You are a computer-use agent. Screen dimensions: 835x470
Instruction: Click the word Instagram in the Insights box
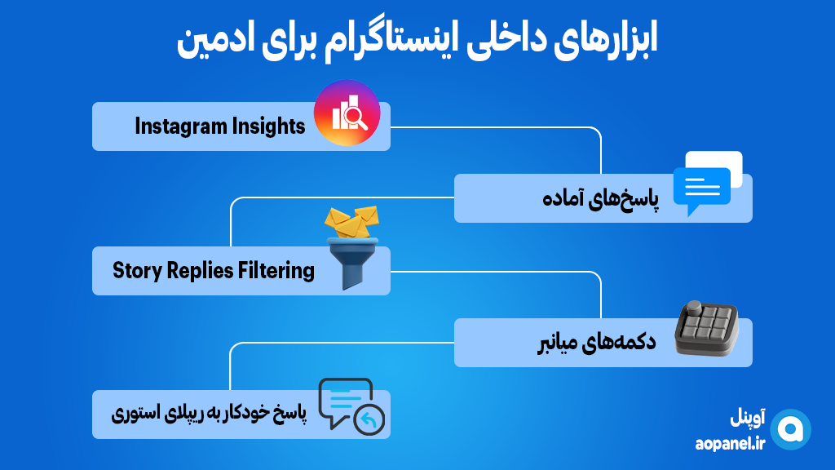pos(181,126)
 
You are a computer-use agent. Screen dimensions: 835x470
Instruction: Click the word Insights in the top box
pos(268,126)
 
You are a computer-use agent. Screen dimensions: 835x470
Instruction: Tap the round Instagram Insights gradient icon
pos(347,113)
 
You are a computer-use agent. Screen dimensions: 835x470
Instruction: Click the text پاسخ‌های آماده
pos(601,198)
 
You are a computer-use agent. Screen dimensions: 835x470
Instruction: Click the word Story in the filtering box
pos(137,271)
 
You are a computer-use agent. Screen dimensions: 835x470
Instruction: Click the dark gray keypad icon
pos(707,328)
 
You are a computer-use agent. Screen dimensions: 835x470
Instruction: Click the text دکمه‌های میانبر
pos(596,342)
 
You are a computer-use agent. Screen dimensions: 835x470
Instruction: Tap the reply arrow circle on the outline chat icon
pos(369,420)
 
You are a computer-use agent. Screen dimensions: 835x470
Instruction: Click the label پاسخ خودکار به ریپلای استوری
pos(209,414)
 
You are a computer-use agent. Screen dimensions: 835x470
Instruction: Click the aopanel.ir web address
pos(730,443)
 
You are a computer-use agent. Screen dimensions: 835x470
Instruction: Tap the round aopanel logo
pos(791,429)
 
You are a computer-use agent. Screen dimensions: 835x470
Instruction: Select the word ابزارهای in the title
pos(606,39)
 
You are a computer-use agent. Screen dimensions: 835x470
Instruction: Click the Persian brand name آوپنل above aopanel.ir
pos(748,418)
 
